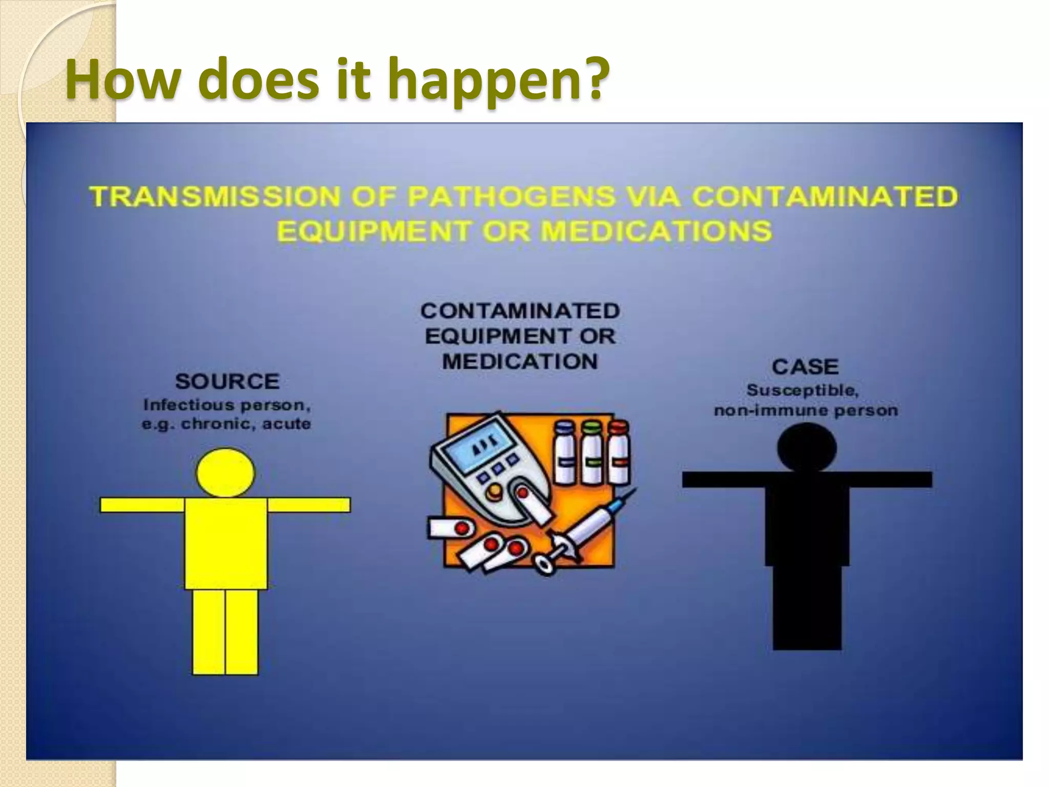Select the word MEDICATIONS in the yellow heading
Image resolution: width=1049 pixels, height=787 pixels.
pyautogui.click(x=656, y=231)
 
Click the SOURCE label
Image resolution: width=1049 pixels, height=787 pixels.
pyautogui.click(x=227, y=382)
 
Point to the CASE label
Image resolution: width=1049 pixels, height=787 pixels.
pyautogui.click(x=805, y=367)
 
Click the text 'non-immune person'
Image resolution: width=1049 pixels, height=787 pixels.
pyautogui.click(x=806, y=410)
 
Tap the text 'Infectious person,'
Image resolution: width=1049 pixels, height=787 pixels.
pyautogui.click(x=227, y=405)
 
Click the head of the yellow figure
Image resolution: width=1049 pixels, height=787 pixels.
pyautogui.click(x=225, y=472)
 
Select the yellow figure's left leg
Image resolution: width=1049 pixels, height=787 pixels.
pyautogui.click(x=209, y=631)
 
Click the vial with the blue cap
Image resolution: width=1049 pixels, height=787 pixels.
pyautogui.click(x=565, y=453)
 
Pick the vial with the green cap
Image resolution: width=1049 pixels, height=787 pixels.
pyautogui.click(x=591, y=453)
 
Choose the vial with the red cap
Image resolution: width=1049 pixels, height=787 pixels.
pyautogui.click(x=619, y=453)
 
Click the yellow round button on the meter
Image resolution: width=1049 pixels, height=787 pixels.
pyautogui.click(x=494, y=492)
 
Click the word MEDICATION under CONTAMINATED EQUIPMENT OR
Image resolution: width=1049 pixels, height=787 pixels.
pyautogui.click(x=520, y=362)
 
